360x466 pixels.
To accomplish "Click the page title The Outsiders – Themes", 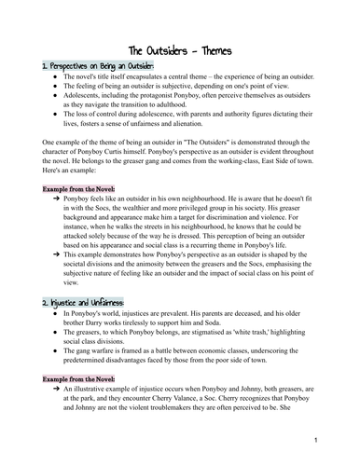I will tap(180, 51).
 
